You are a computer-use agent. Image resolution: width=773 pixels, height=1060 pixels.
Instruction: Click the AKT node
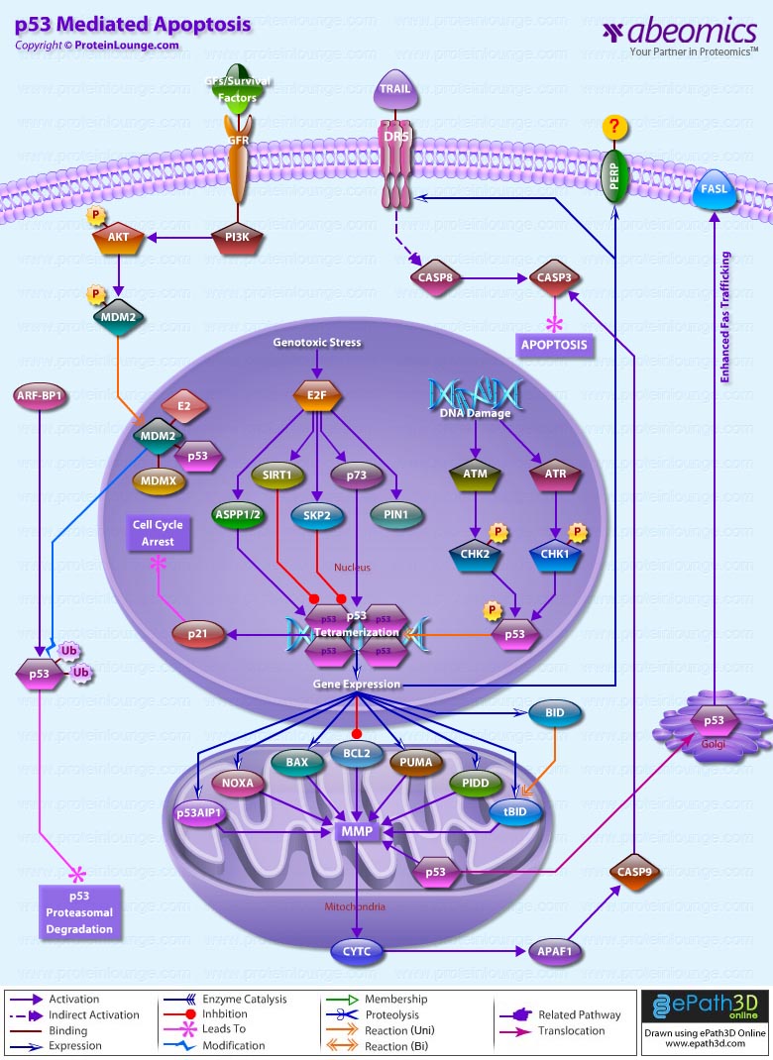point(119,237)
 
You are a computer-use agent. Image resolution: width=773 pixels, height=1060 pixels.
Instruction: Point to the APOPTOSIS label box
point(553,346)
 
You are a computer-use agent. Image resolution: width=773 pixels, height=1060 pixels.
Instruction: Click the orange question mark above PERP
point(615,127)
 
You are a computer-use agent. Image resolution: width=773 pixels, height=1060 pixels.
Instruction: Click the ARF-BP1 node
point(40,396)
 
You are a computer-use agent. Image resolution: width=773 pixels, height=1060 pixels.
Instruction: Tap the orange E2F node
point(317,396)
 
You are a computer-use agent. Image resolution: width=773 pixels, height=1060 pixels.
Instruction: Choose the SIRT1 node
point(277,476)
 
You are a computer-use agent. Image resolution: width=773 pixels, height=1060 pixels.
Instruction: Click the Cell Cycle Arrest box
point(158,534)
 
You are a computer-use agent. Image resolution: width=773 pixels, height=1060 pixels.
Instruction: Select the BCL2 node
point(357,753)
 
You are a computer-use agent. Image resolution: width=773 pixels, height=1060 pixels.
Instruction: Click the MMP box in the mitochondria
point(356,830)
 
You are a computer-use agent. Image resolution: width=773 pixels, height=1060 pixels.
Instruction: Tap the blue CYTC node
point(357,952)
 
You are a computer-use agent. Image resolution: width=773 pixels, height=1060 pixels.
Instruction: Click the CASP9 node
point(634,872)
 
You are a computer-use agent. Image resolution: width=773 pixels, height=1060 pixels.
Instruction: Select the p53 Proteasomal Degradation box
point(78,911)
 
